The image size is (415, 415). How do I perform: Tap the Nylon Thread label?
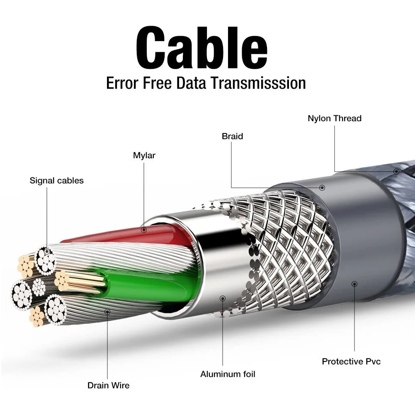pos(334,119)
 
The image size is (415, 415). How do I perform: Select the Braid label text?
pos(232,136)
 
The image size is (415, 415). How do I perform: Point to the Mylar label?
pos(144,155)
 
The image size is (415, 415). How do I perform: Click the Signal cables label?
pos(56,180)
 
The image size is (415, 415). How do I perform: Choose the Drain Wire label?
pos(108,385)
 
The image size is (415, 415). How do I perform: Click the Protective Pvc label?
pos(351,361)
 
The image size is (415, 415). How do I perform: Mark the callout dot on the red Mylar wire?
pos(144,229)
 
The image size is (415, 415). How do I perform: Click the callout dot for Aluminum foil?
pos(223,298)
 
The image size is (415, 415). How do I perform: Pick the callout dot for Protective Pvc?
pos(354,284)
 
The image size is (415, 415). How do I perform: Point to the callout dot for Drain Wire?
pos(108,311)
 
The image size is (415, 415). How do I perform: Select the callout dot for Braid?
pos(322,188)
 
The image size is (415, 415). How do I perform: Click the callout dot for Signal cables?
pos(47,251)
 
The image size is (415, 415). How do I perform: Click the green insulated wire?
pos(149,286)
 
